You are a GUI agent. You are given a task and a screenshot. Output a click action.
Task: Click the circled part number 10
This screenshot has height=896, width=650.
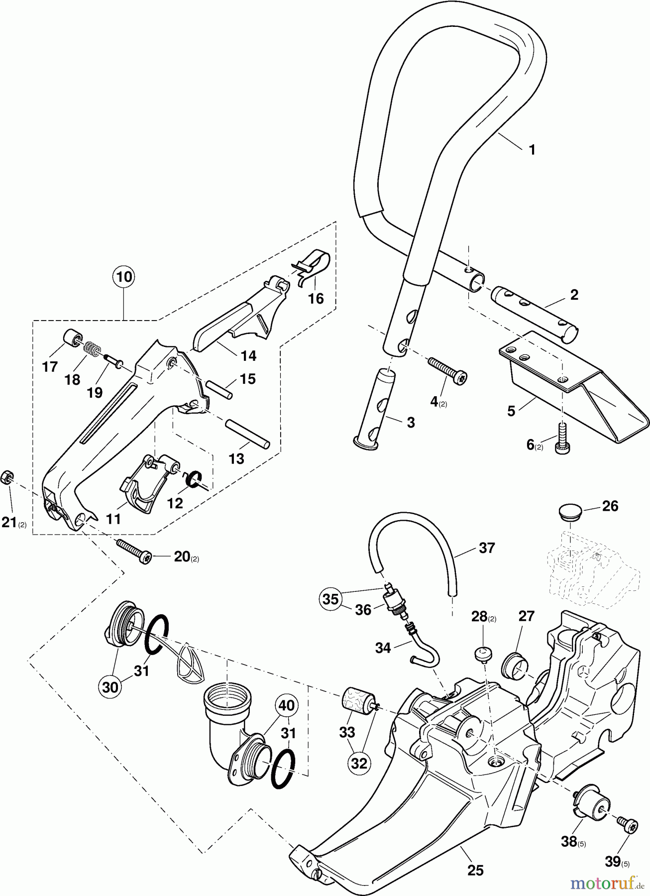coord(124,276)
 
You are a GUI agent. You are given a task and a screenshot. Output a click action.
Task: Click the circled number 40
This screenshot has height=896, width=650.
coord(288,705)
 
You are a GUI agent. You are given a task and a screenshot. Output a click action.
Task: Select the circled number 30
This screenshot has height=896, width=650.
coord(111,686)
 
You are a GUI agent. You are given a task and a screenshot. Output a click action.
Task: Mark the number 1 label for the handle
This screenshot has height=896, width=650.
coord(532,149)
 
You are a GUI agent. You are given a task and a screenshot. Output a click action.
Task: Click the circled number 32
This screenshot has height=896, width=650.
coord(358,763)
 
